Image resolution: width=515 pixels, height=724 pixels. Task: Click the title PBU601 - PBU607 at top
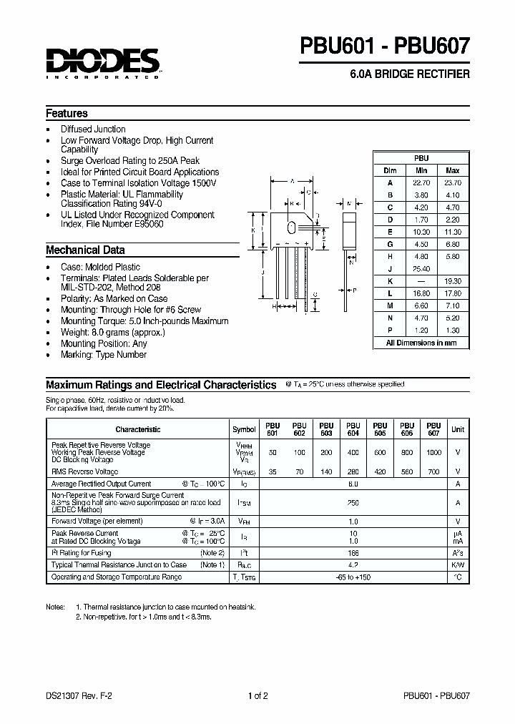[386, 47]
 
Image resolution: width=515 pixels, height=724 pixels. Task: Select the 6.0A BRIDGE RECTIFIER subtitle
[410, 74]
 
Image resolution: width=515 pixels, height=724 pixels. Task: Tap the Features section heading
[67, 113]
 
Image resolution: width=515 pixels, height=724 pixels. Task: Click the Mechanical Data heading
[85, 250]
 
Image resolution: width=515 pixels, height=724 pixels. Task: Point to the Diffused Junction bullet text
[93, 129]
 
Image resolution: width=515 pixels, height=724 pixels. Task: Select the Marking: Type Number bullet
[103, 354]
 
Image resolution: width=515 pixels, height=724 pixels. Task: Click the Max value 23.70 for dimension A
[452, 182]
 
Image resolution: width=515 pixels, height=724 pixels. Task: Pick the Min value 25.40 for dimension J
[421, 269]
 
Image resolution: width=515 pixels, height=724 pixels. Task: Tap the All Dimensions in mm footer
[421, 343]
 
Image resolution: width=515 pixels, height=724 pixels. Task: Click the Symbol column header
[244, 429]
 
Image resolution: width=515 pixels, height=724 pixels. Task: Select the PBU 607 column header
[433, 429]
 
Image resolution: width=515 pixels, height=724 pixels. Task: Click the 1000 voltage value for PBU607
[433, 453]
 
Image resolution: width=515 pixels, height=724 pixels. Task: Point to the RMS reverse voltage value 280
[353, 472]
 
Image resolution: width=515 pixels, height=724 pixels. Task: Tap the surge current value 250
[353, 503]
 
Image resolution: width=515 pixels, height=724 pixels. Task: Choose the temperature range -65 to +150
[353, 576]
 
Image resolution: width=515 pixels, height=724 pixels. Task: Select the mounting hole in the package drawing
[291, 228]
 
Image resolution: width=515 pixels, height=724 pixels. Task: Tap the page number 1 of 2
[257, 695]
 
